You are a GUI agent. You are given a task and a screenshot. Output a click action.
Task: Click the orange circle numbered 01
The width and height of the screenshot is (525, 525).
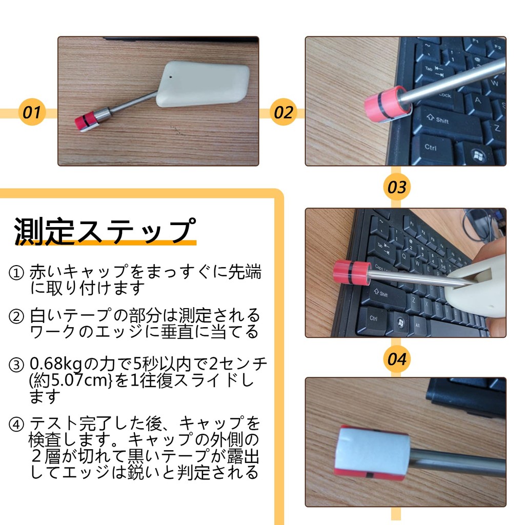pyautogui.click(x=32, y=112)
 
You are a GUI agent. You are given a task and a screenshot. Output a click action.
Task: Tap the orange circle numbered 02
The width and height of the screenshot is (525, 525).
pyautogui.click(x=283, y=112)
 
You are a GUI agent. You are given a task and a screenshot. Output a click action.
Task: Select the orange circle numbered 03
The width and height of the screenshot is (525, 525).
pyautogui.click(x=397, y=187)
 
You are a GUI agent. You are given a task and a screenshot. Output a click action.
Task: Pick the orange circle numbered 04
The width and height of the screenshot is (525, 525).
pyautogui.click(x=397, y=359)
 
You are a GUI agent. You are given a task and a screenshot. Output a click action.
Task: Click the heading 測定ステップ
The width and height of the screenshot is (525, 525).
pyautogui.click(x=105, y=231)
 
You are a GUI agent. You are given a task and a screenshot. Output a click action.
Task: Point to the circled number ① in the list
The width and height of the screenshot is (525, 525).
pyautogui.click(x=16, y=273)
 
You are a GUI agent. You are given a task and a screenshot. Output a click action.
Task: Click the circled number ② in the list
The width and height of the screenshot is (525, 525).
pyautogui.click(x=16, y=316)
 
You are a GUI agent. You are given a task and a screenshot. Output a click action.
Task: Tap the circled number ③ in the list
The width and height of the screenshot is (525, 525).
pyautogui.click(x=16, y=365)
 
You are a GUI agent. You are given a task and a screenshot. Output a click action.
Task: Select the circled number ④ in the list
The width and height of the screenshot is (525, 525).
pyautogui.click(x=16, y=424)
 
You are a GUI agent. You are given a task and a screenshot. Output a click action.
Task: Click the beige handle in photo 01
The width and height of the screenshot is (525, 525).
pyautogui.click(x=203, y=84)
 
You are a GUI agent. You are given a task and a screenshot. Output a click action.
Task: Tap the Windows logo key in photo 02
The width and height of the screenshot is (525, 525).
pyautogui.click(x=477, y=154)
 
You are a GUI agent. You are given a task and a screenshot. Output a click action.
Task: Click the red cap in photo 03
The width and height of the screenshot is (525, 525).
pyautogui.click(x=352, y=272)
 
